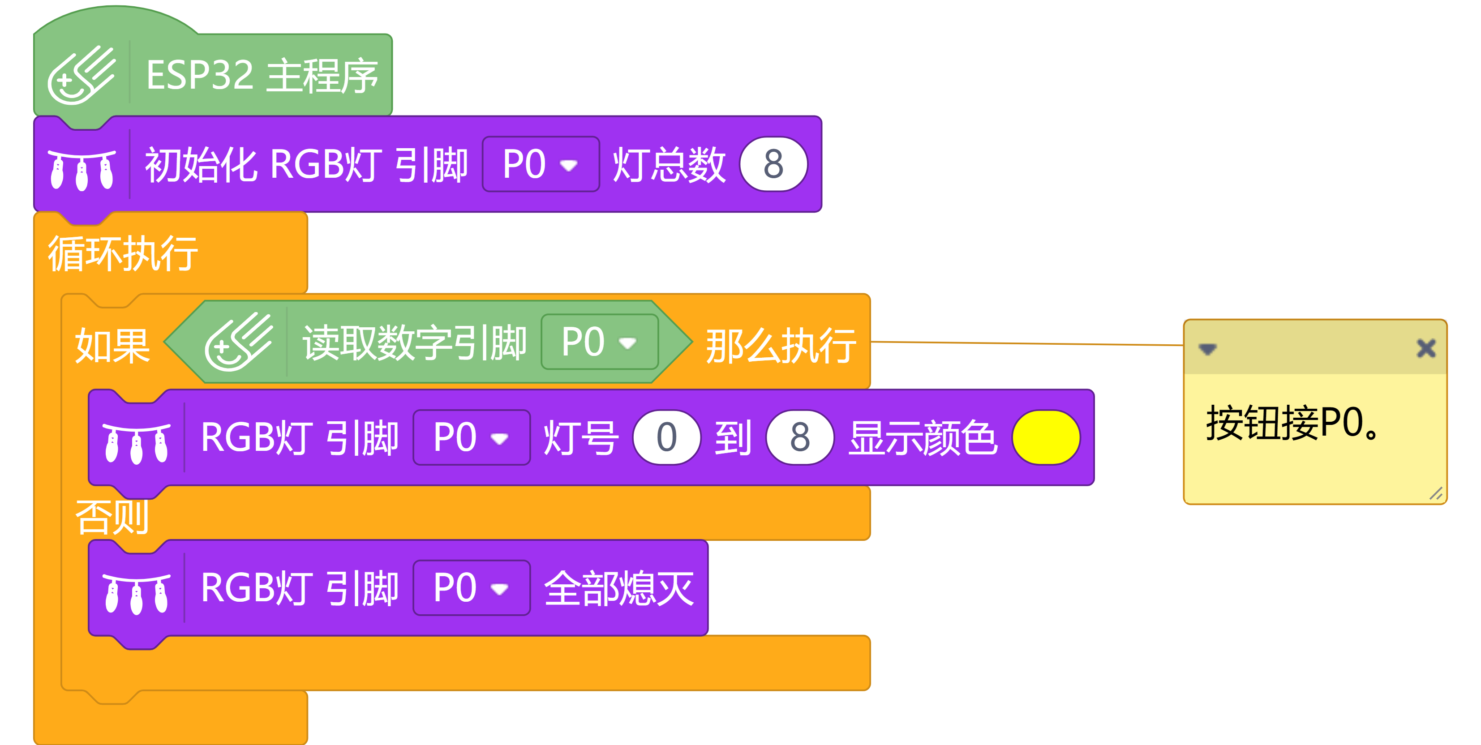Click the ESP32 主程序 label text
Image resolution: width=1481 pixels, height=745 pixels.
[x=262, y=75]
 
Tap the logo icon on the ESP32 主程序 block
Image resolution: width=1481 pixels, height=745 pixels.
[x=82, y=75]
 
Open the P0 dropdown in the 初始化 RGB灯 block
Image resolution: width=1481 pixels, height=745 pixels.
[x=541, y=164]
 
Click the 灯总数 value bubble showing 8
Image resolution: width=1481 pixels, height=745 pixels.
[x=773, y=164]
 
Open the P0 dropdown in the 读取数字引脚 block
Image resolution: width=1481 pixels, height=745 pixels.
[x=599, y=342]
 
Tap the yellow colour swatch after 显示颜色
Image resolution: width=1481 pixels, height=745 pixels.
[x=1046, y=437]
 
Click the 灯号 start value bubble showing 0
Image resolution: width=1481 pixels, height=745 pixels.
[x=666, y=437]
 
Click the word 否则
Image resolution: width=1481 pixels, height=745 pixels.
[x=112, y=517]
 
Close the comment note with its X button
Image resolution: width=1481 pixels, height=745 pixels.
[x=1426, y=348]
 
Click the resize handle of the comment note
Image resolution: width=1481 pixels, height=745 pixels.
[x=1436, y=494]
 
